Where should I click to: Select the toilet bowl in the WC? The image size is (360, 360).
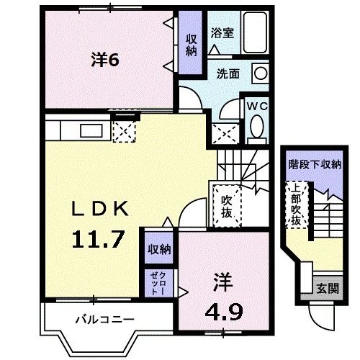pos(256,127)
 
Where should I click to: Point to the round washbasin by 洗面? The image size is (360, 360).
pos(259,73)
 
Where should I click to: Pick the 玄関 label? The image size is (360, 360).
pos(326,288)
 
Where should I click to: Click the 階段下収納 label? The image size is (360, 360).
pos(315,165)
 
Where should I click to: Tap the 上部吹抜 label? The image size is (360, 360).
pos(295,205)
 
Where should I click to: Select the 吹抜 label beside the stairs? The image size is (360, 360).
pos(226,205)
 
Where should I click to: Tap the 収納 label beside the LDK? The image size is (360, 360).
pos(159,249)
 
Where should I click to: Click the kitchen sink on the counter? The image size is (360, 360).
pos(93,131)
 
